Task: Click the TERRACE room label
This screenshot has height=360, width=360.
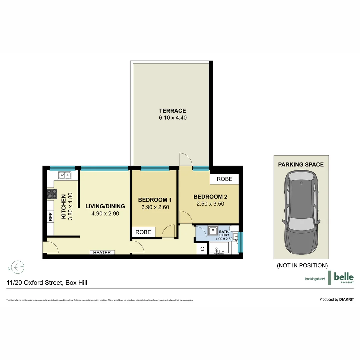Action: coord(172,111)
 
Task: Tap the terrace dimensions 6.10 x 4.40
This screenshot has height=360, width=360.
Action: coord(172,118)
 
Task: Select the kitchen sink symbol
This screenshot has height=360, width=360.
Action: coord(64,175)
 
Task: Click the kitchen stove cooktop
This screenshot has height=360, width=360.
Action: coord(52,194)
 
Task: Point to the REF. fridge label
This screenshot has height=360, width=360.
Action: coord(51,217)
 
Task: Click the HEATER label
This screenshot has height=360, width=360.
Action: coord(102,253)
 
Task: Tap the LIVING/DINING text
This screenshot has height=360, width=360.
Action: coord(105,206)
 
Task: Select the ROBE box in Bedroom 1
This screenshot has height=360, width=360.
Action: coord(143,232)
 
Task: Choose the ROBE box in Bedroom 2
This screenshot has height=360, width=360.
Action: coord(224,179)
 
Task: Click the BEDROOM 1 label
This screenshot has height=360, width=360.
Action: coord(155,200)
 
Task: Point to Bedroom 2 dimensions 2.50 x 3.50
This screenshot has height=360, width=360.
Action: coord(210,204)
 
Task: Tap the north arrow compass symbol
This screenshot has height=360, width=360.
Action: coord(18,267)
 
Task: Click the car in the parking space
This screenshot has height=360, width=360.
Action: coord(301,213)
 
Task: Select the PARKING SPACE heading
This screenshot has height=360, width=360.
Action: coord(301,164)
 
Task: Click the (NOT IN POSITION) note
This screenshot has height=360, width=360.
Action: coord(302,265)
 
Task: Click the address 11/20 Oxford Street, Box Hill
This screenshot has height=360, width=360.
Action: coord(47,283)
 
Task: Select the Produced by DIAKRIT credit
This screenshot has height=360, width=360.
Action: coord(336,299)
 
